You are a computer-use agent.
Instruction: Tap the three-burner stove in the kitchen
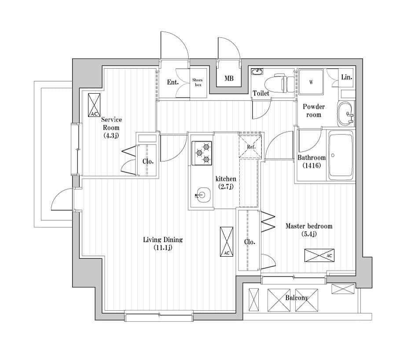(202, 152)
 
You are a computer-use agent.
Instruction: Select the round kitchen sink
(202, 194)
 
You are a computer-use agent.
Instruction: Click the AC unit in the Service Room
(94, 105)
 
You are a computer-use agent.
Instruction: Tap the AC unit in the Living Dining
(226, 241)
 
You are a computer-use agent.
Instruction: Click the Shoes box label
(198, 82)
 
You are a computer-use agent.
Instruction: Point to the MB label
(229, 79)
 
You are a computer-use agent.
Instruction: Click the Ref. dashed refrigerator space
(251, 146)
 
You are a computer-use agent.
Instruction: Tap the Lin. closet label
(346, 77)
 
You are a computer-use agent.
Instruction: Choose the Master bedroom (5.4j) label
(309, 230)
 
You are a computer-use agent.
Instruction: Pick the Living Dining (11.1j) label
(162, 244)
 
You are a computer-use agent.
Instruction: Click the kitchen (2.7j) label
(225, 182)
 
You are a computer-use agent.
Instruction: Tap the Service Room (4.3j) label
(111, 127)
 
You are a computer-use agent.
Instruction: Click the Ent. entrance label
(172, 82)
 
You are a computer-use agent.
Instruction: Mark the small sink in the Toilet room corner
(257, 72)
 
